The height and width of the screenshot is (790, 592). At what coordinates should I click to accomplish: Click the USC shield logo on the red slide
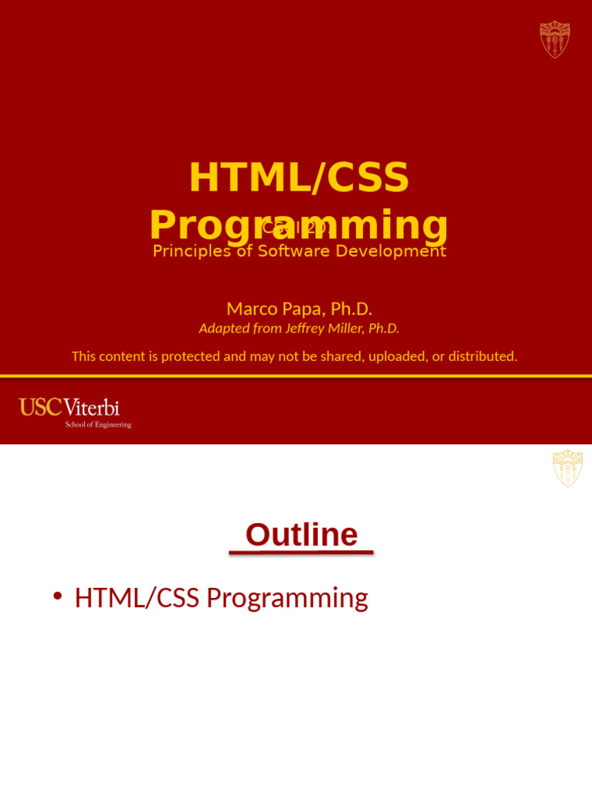click(554, 39)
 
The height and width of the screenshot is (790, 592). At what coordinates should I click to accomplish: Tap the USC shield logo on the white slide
click(567, 468)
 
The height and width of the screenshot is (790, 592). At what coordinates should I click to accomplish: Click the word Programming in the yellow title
click(299, 225)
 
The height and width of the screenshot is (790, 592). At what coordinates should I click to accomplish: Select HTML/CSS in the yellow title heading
click(299, 177)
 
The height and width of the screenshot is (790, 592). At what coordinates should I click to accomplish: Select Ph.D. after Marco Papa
click(351, 309)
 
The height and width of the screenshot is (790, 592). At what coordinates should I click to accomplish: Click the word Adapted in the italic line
click(224, 329)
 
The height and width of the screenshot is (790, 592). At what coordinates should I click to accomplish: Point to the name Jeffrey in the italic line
click(311, 329)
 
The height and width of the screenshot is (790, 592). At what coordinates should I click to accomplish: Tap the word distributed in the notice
click(483, 356)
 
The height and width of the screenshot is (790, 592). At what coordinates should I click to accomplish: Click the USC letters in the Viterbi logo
click(39, 407)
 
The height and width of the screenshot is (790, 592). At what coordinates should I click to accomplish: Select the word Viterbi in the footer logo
click(92, 407)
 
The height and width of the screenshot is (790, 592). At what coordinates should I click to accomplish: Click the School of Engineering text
click(98, 424)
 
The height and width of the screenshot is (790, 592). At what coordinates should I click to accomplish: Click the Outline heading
click(301, 535)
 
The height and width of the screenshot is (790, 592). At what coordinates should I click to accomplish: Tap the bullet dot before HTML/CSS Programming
click(57, 596)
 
